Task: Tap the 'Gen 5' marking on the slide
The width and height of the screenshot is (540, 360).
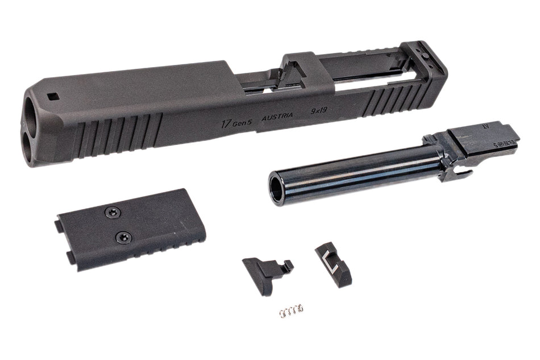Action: pos(243,120)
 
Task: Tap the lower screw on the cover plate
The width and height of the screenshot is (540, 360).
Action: pos(121,235)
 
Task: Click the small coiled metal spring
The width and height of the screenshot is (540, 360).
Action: pos(291,310)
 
